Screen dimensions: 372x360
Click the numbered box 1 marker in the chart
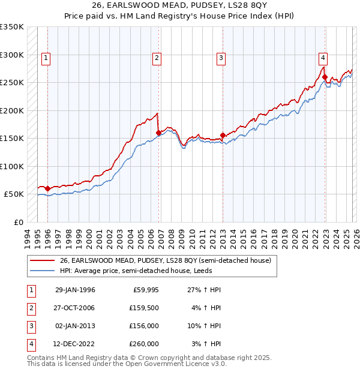point(46,58)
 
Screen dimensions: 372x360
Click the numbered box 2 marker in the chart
point(156,58)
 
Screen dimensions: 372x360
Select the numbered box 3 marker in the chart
point(221,58)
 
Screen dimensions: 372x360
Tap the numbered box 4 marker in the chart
point(323,58)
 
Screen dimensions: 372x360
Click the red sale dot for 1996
point(48,189)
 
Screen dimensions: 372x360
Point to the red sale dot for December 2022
point(325,77)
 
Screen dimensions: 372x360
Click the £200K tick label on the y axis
point(12,110)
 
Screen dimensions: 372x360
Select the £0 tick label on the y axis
point(18,222)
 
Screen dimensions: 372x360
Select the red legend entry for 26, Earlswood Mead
point(166,260)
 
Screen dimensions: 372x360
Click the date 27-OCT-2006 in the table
point(75,308)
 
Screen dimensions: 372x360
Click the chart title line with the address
point(180,8)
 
